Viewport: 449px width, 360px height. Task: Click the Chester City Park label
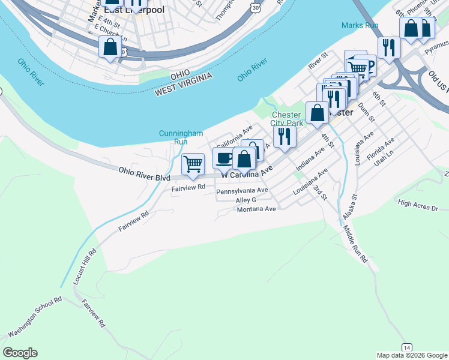pyautogui.click(x=287, y=119)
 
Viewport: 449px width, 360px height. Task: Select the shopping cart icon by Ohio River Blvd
pyautogui.click(x=193, y=164)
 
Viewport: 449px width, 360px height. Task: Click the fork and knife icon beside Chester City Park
pyautogui.click(x=285, y=136)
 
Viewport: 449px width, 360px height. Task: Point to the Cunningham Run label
pyautogui.click(x=181, y=137)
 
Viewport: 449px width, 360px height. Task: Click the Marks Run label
pyautogui.click(x=359, y=25)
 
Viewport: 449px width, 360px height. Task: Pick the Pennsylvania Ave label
pyautogui.click(x=242, y=191)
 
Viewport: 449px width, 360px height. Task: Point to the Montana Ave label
pyautogui.click(x=256, y=209)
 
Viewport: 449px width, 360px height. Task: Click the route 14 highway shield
pyautogui.click(x=407, y=348)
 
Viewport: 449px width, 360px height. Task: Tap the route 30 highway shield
pyautogui.click(x=256, y=7)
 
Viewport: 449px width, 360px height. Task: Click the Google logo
pyautogui.click(x=20, y=353)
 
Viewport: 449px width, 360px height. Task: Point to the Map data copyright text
pyautogui.click(x=411, y=355)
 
